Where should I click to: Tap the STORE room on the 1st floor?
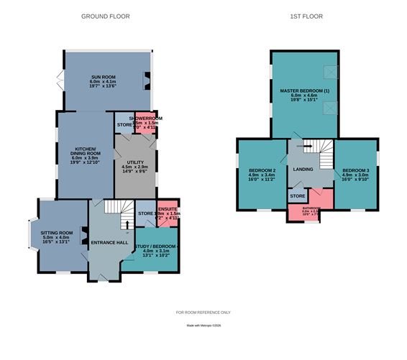[x=297, y=195]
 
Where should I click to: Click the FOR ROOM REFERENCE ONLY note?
[x=203, y=312]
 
